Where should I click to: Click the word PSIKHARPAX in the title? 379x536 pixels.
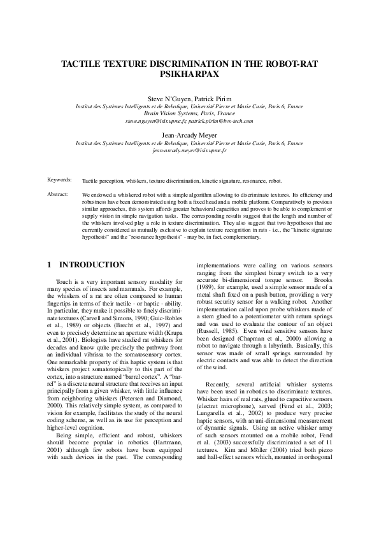(x=189, y=74)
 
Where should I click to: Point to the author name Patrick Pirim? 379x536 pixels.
(x=211, y=99)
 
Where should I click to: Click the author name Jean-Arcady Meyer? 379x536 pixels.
(x=189, y=136)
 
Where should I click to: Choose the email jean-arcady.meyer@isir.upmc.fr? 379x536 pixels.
(x=189, y=151)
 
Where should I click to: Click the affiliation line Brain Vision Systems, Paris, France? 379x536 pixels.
(x=189, y=113)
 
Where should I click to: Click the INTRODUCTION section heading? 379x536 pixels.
(x=92, y=265)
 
